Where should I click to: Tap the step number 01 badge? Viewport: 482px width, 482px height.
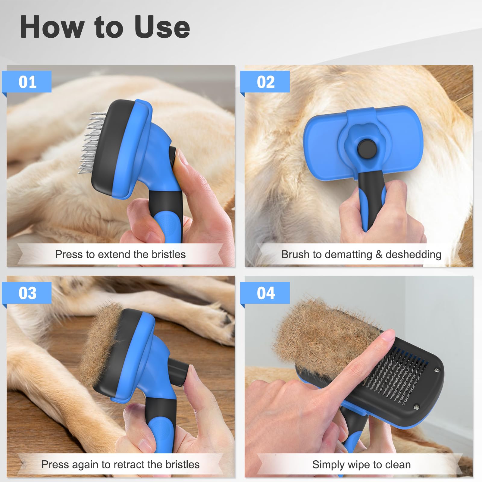coord(27,82)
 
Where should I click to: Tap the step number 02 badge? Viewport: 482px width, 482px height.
coord(265,82)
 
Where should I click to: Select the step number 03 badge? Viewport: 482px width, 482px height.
coord(27,293)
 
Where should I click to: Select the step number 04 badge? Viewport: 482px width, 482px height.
coord(265,293)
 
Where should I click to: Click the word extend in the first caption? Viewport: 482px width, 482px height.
coord(114,255)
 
